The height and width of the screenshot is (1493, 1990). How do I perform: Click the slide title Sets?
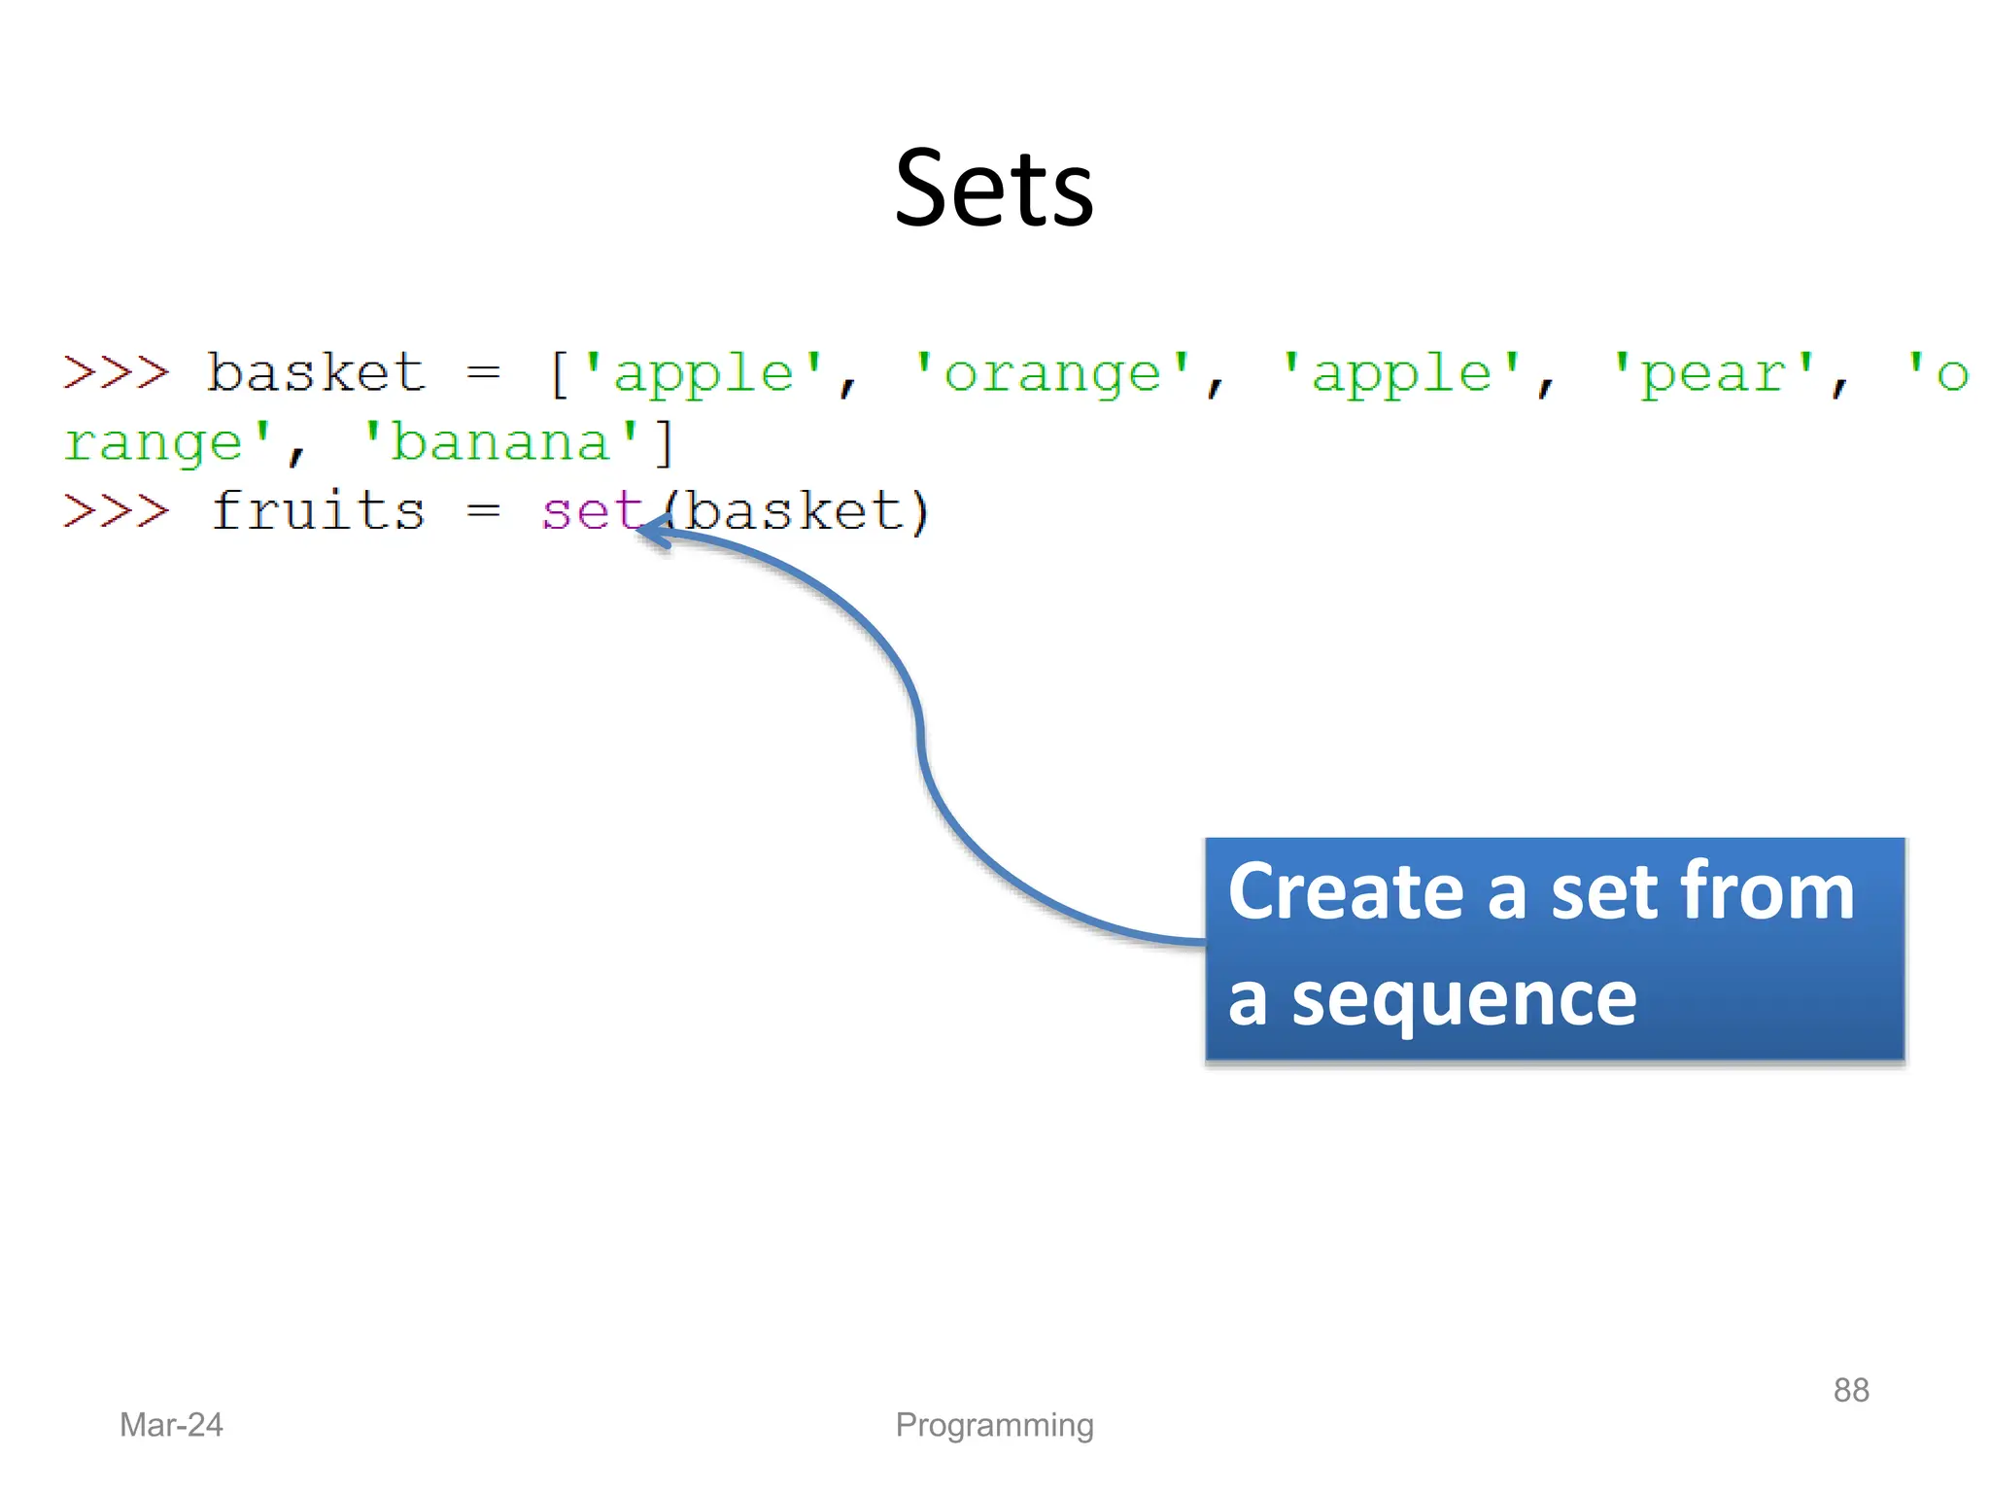(x=994, y=189)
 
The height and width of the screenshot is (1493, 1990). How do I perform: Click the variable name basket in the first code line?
(x=316, y=373)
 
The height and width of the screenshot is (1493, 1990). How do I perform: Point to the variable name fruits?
(x=318, y=511)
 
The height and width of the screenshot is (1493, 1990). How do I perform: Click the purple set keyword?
(x=591, y=511)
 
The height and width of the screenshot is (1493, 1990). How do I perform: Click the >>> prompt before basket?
(x=116, y=373)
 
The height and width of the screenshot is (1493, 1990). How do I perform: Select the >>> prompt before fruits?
(x=116, y=511)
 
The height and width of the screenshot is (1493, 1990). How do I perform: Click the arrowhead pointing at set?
(x=653, y=531)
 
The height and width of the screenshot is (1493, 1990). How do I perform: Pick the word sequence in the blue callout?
(x=1463, y=999)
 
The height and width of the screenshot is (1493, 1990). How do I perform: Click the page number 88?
(x=1850, y=1390)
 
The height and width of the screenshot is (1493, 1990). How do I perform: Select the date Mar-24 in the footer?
(x=171, y=1425)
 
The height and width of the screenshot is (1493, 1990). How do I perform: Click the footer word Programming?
(x=994, y=1425)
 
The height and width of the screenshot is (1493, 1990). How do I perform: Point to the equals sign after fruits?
(x=483, y=511)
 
